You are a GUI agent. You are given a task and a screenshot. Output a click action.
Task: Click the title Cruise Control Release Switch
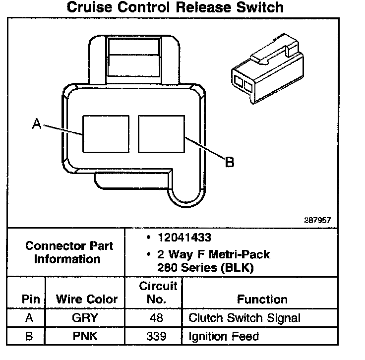coord(175,7)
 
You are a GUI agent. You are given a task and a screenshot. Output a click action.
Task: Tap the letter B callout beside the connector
coord(229,162)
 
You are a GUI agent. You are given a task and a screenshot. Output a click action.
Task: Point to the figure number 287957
coord(317,219)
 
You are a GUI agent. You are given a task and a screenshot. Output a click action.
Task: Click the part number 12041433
coord(185,238)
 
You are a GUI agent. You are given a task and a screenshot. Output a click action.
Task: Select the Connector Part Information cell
coord(69,252)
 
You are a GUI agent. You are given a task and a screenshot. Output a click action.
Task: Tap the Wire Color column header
coord(87,299)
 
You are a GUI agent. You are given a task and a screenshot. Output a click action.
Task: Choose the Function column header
coord(262,299)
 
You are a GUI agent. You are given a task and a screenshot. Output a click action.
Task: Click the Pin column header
coord(28,299)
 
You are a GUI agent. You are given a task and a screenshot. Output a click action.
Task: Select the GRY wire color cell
coord(85,318)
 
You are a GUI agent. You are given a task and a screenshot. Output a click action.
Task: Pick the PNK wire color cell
coord(85,337)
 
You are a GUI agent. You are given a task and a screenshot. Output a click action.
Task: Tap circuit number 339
coord(156,337)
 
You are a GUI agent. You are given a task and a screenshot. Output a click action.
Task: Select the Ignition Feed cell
coord(224,337)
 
